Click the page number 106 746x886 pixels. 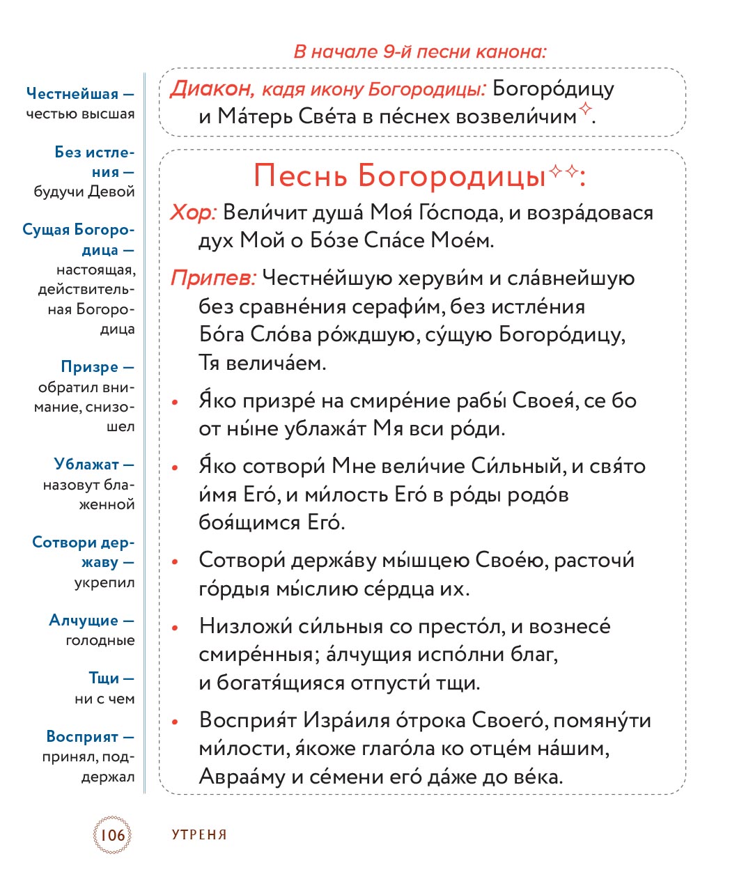112,834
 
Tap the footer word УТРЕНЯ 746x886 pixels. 199,834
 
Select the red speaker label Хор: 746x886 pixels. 194,212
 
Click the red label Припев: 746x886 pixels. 213,279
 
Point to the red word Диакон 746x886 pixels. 211,89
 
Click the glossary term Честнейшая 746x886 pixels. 72,93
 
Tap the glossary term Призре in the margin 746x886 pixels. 90,367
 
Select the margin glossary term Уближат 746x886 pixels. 86,465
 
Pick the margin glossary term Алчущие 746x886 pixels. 84,620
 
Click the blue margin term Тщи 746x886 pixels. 104,678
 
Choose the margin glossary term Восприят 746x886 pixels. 82,737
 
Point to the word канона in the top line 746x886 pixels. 512,52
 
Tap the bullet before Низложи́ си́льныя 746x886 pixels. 176,628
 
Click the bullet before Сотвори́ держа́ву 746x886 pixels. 176,561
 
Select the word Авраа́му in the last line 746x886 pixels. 242,776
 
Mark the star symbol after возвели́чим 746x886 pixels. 586,108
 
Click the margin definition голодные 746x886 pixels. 100,640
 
